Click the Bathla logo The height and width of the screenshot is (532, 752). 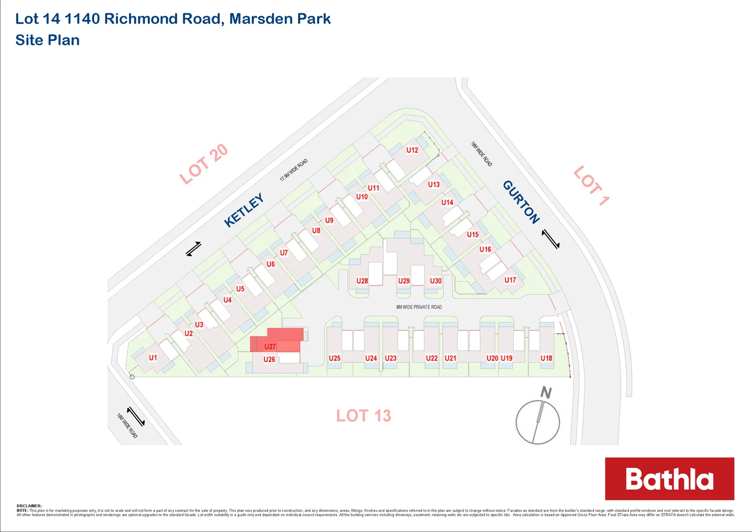[x=669, y=479]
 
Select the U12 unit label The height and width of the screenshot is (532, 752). [x=412, y=150]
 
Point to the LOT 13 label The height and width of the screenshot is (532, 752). [x=363, y=416]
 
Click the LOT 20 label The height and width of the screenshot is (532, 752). [x=203, y=164]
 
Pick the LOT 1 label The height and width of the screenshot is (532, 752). [x=591, y=185]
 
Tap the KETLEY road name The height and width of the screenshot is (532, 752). [x=244, y=210]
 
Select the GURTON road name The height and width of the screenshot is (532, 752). [x=521, y=202]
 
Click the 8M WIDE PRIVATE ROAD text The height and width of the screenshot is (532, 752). [x=419, y=307]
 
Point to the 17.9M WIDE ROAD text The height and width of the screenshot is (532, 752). [x=294, y=170]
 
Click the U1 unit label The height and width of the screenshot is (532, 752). [x=153, y=358]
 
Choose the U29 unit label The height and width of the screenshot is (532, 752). [x=404, y=281]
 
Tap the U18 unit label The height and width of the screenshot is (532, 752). [x=546, y=358]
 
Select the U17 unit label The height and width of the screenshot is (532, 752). [x=510, y=280]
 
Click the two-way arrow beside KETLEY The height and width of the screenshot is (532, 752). [x=194, y=249]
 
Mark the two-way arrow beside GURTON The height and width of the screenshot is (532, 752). [x=551, y=239]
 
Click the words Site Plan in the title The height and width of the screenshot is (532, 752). [x=47, y=40]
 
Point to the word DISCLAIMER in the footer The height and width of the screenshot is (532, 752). [x=29, y=506]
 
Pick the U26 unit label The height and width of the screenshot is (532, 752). [x=269, y=359]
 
